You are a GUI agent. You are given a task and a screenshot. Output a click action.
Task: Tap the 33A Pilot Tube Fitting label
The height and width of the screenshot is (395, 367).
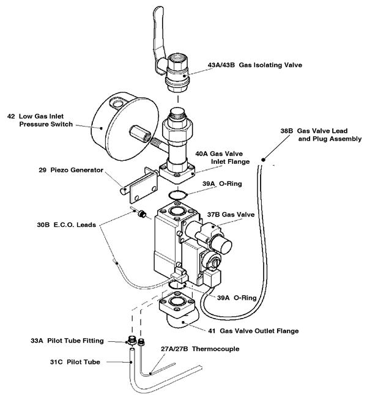pos(67,341)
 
